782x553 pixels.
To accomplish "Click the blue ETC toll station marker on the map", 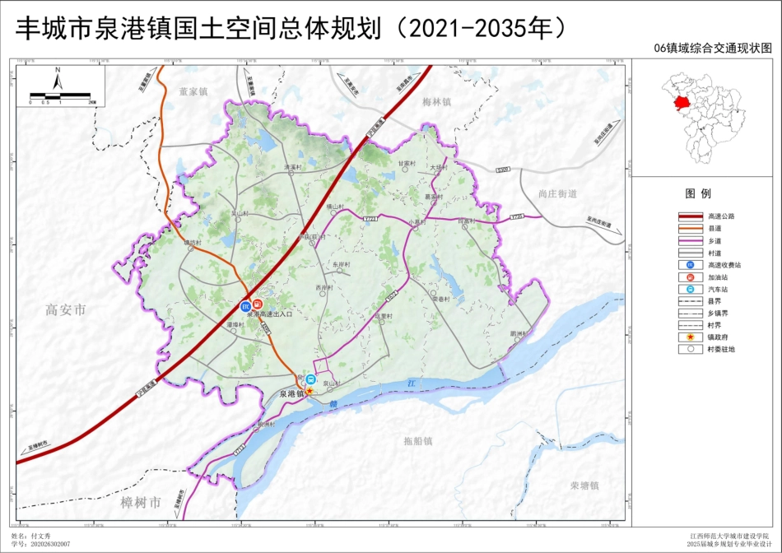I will (x=245, y=306).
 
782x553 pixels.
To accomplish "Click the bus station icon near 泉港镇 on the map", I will (x=310, y=379).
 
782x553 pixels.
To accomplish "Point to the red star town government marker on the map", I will (x=309, y=391).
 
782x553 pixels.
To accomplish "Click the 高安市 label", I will (x=66, y=310).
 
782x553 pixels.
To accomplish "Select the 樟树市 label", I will (x=142, y=502).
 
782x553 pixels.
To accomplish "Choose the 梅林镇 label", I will (x=437, y=102).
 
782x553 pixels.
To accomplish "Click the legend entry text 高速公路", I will (x=721, y=216).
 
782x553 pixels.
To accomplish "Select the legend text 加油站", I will (x=718, y=277).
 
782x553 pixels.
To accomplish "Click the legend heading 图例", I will (x=698, y=193).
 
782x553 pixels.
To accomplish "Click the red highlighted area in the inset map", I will (x=682, y=104).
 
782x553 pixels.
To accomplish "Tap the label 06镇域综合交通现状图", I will (x=713, y=49).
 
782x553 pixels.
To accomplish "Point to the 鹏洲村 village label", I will (x=518, y=333).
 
